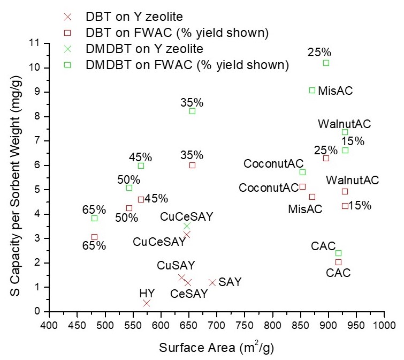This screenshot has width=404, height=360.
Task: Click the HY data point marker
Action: pos(147,303)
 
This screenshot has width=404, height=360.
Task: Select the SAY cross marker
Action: pos(212,282)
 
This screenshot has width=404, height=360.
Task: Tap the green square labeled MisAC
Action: pos(312,90)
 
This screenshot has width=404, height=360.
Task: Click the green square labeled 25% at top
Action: pos(326,63)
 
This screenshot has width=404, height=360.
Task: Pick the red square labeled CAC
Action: pos(338,262)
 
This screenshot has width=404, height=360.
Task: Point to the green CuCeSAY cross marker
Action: pos(187,226)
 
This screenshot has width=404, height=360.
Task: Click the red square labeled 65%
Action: pos(94,237)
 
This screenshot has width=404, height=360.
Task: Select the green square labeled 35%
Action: pos(192,111)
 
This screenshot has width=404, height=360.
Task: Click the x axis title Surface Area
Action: pos(216,348)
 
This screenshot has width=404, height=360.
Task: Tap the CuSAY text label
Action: pos(176,265)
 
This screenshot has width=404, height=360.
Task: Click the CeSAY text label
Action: pos(189,294)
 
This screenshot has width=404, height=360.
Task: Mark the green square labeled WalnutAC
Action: pos(345,132)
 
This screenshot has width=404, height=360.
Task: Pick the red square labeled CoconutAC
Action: pos(302,186)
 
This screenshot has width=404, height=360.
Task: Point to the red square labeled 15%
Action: pos(345,206)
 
